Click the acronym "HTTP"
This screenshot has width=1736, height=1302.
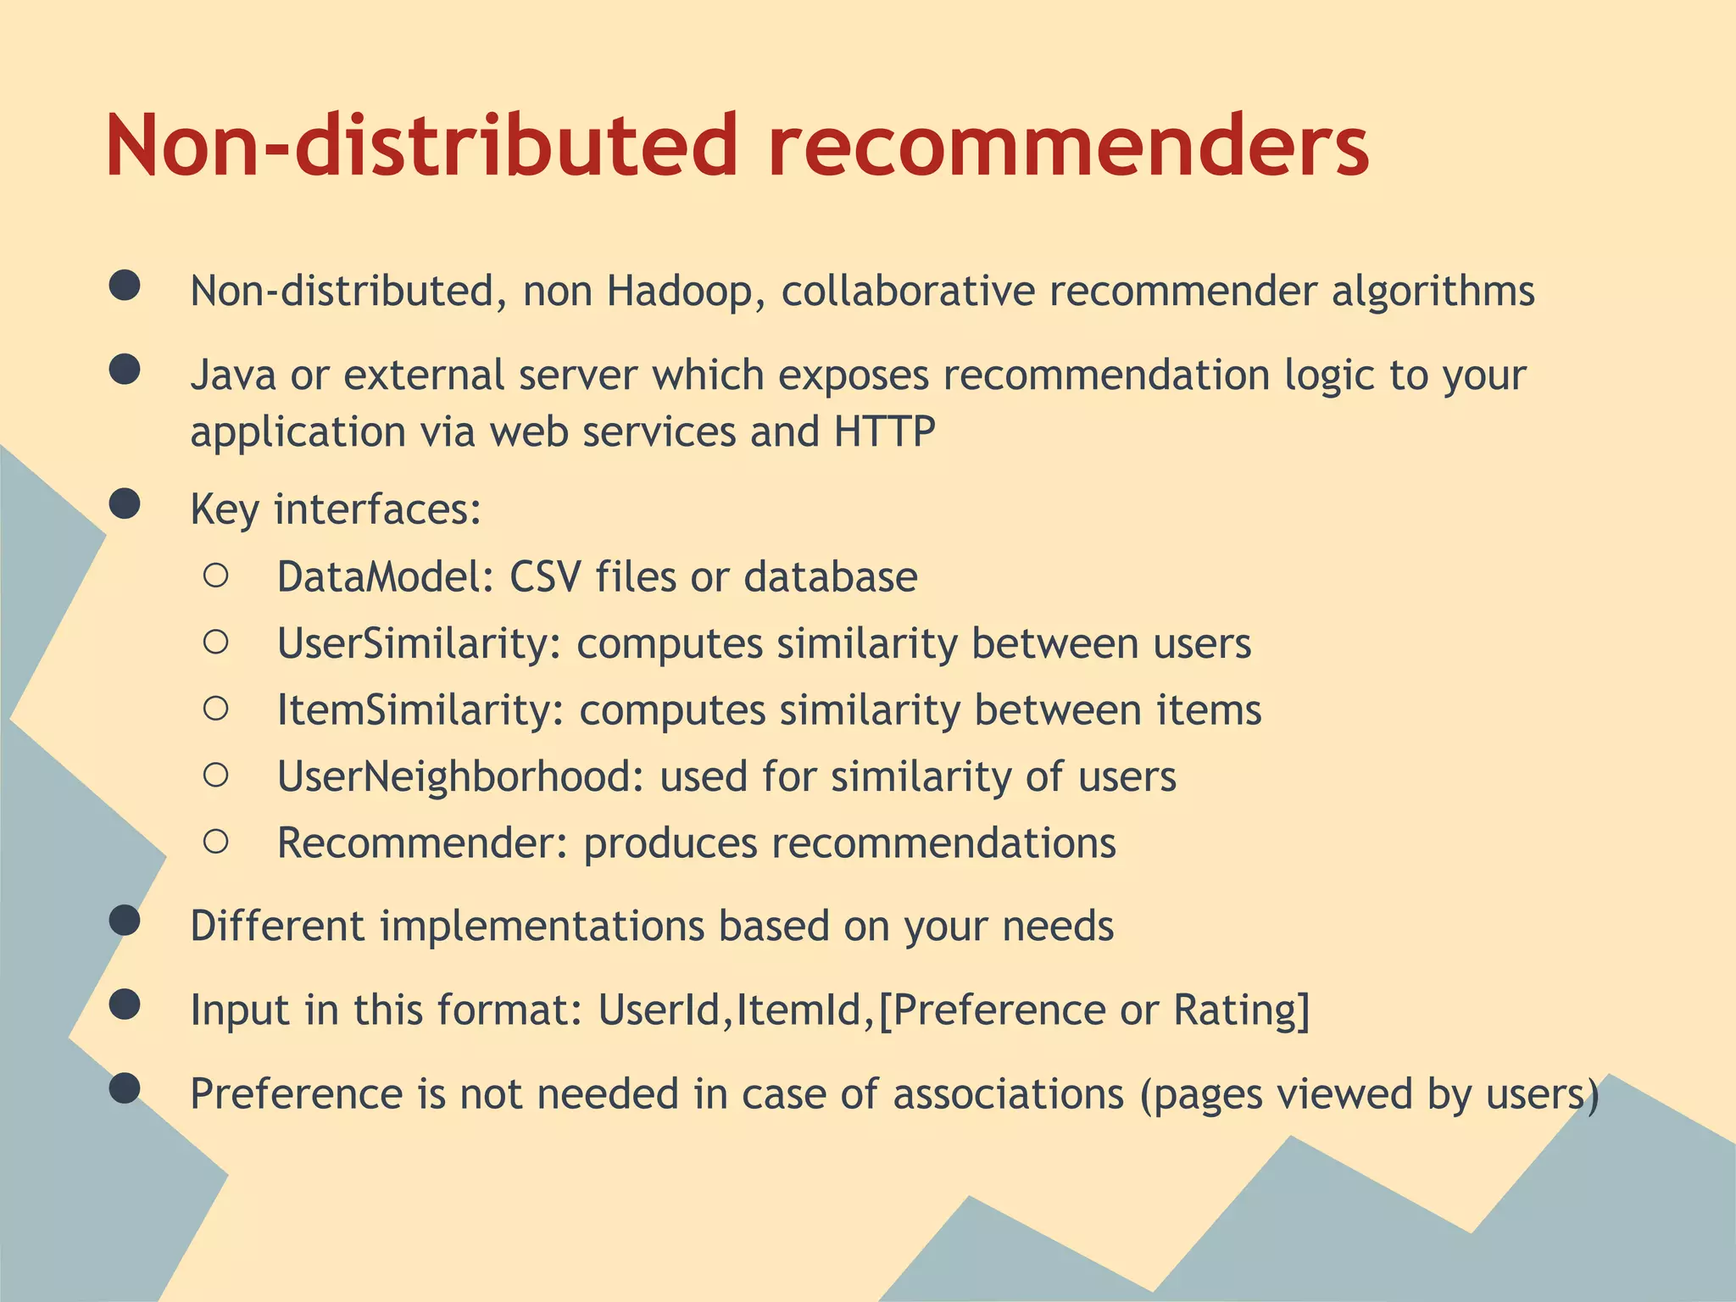pos(884,431)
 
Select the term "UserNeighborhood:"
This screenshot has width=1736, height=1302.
pos(461,777)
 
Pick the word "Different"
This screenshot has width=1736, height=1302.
pos(277,926)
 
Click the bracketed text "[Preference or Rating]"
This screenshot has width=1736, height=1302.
pos(1093,1010)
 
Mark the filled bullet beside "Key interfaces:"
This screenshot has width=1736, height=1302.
pos(125,504)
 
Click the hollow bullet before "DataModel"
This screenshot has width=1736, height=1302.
pos(216,576)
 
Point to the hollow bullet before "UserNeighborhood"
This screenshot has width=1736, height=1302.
pos(216,775)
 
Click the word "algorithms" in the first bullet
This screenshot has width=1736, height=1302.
pos(1433,292)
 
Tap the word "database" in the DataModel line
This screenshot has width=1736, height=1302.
pos(831,577)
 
